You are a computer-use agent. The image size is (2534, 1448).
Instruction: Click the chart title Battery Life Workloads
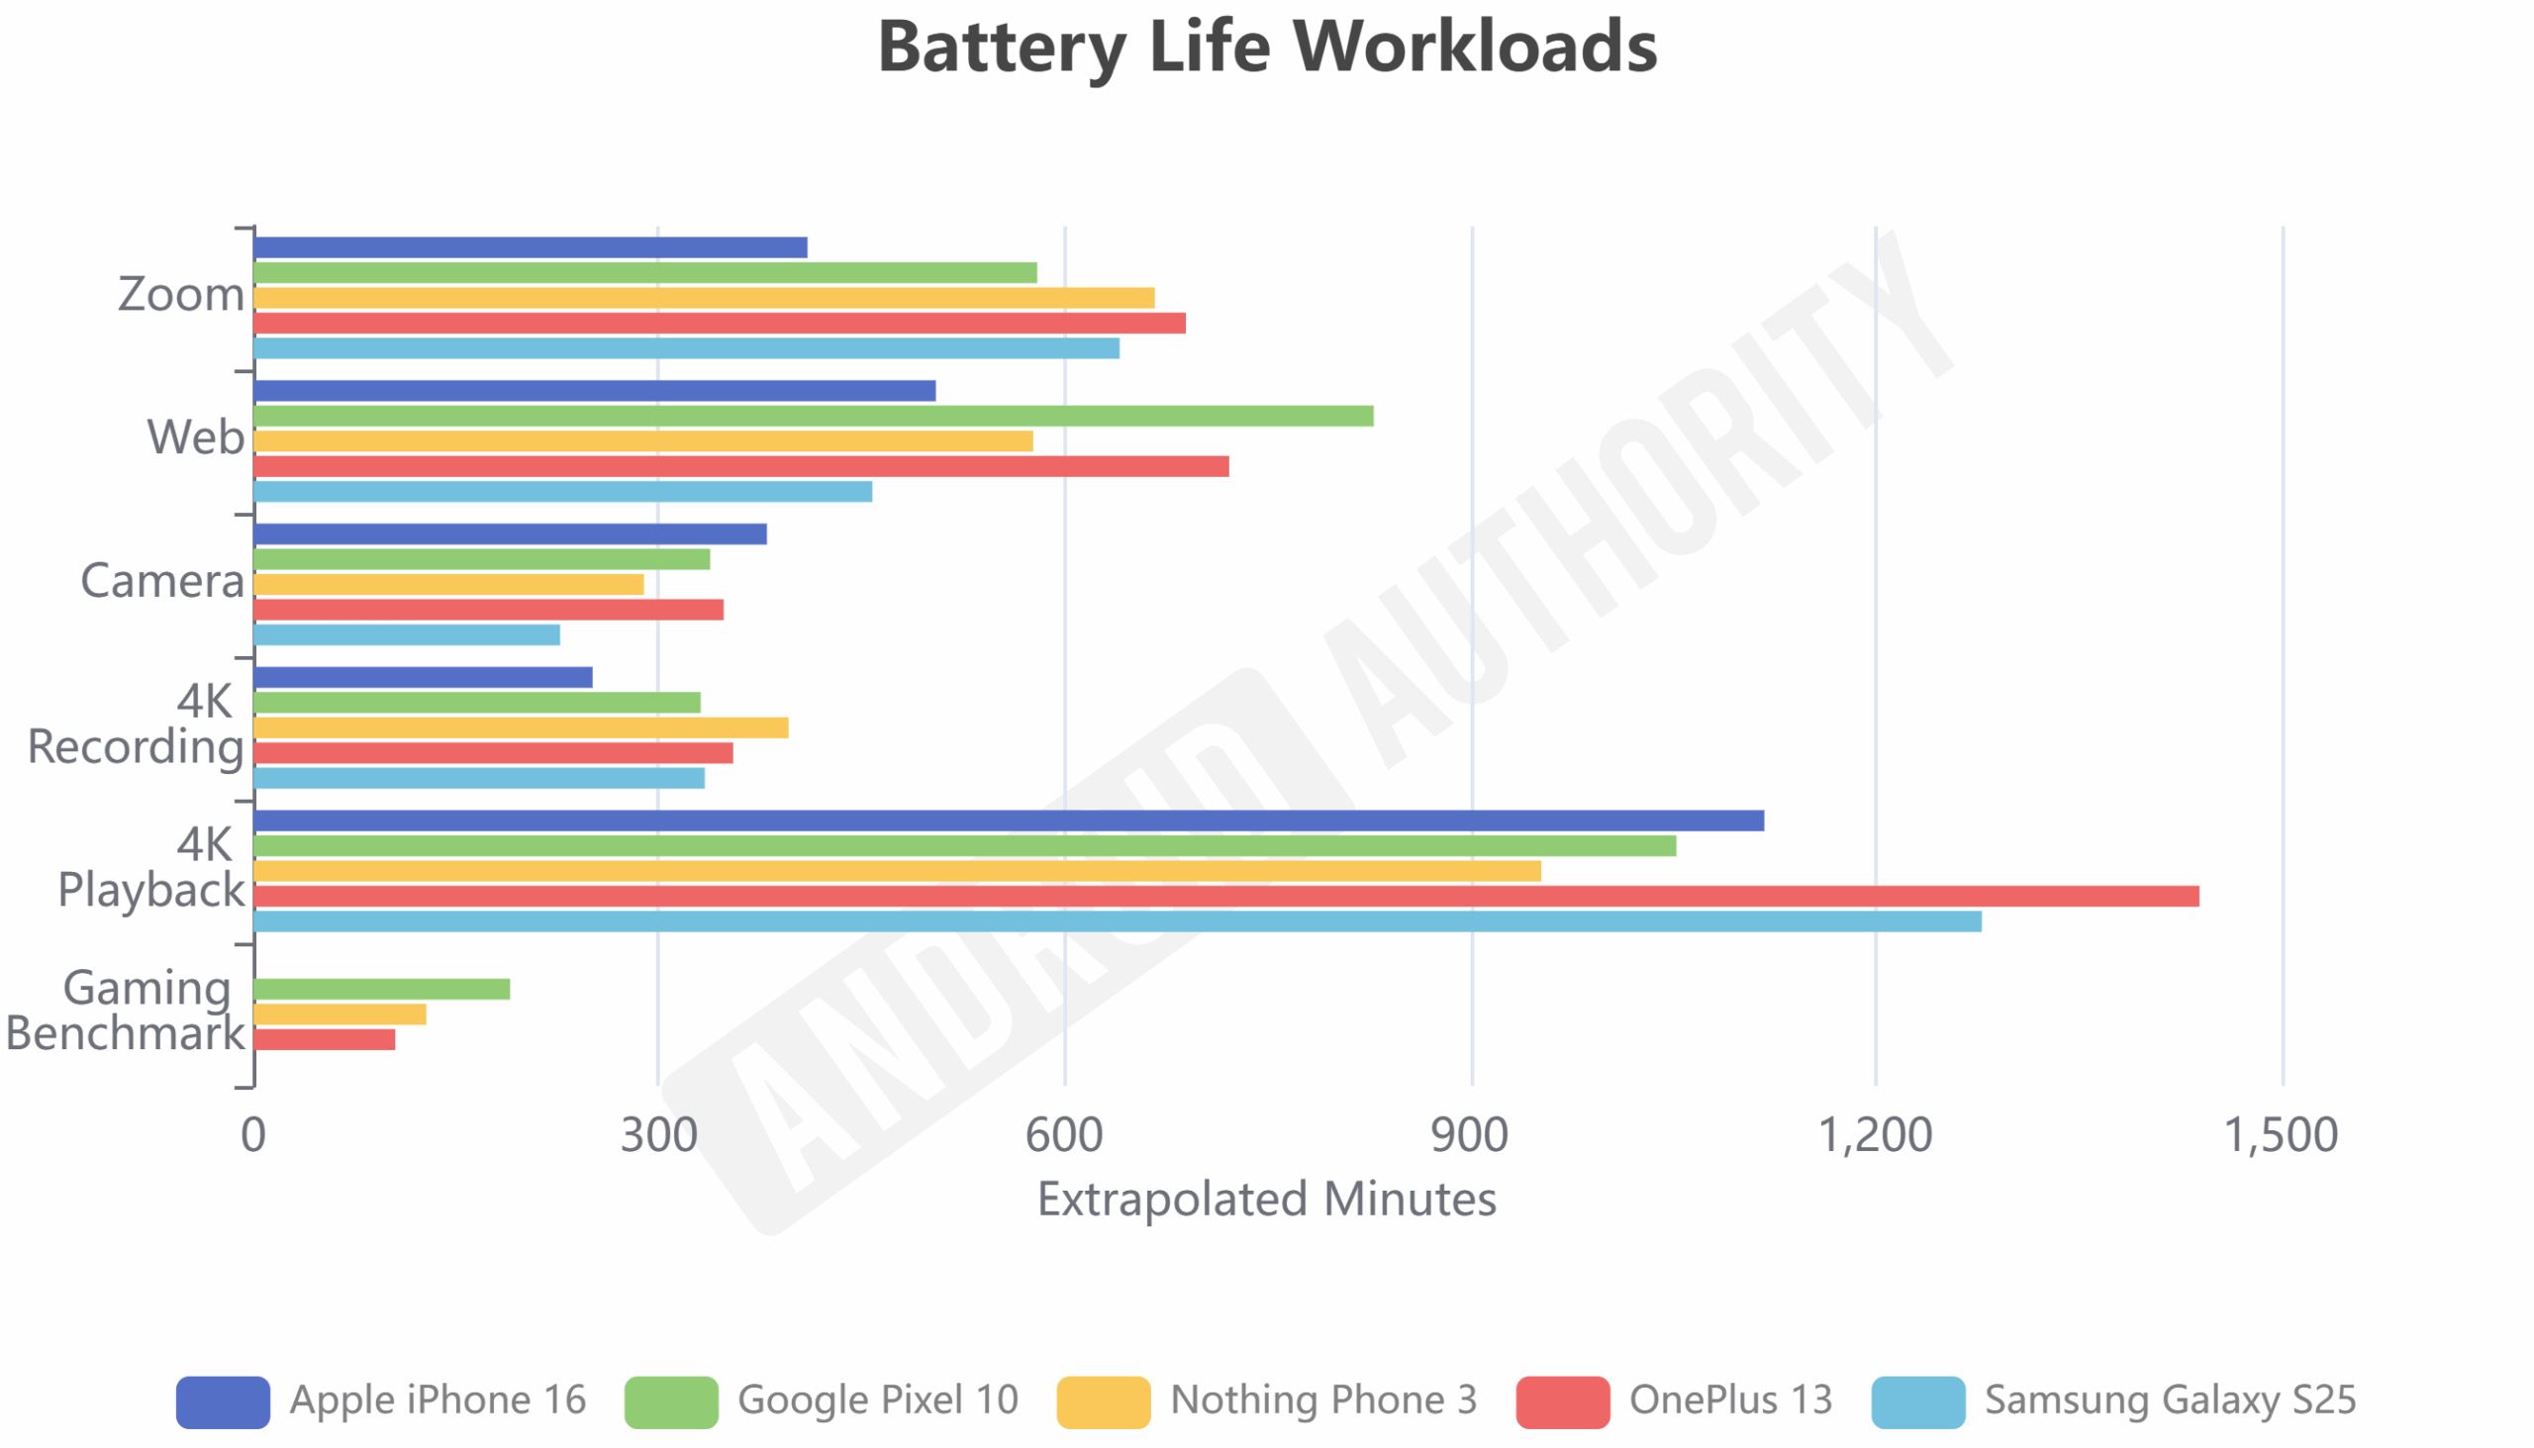[x=1267, y=48]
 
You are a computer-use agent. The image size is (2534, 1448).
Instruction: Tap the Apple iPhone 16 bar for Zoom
[x=531, y=247]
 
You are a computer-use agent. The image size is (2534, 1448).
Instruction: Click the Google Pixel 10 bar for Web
[x=814, y=416]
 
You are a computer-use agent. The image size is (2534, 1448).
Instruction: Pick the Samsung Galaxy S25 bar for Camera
[x=407, y=634]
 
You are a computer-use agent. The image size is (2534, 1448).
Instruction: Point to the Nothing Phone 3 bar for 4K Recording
[x=521, y=728]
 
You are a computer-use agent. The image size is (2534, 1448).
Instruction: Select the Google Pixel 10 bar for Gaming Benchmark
[x=382, y=989]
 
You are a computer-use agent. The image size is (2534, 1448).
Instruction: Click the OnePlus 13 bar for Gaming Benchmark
[x=325, y=1039]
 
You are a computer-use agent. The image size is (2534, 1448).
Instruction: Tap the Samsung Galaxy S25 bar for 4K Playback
[x=1117, y=921]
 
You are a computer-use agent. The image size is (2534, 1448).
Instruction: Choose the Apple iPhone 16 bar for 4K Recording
[x=423, y=677]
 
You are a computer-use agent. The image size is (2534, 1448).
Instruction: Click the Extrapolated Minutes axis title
[x=1266, y=1200]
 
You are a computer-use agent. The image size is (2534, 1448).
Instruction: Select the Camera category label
[x=162, y=581]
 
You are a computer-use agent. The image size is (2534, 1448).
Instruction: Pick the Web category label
[x=195, y=437]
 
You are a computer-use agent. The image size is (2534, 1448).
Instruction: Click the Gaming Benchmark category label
[x=126, y=1011]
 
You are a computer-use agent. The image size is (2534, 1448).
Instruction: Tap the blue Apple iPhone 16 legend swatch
[x=223, y=1402]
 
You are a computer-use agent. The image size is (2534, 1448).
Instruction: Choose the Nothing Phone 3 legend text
[x=1322, y=1400]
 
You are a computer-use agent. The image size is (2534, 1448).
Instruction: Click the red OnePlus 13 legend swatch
[x=1562, y=1402]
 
